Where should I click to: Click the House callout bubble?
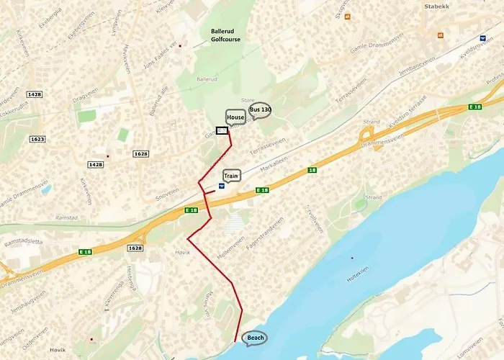(235, 117)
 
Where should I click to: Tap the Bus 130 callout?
(260, 110)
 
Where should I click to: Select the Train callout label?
(231, 175)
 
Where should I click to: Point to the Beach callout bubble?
(255, 338)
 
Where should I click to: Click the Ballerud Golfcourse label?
(226, 36)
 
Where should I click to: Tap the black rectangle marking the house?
(222, 130)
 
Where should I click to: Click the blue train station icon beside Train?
(221, 185)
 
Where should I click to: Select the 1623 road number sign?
(38, 140)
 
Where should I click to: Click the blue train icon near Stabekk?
(482, 38)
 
